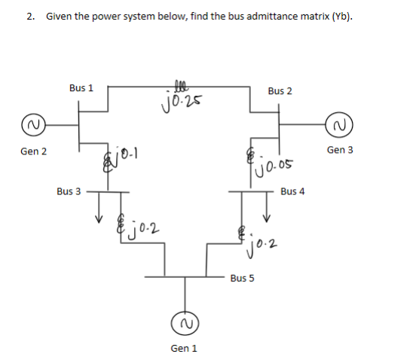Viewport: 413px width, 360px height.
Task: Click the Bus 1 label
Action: (81, 87)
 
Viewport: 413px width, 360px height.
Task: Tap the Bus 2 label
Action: (280, 90)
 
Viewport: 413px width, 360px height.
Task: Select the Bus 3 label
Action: (69, 191)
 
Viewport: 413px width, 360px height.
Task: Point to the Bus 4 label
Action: (292, 191)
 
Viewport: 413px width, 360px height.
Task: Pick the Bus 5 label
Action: (242, 278)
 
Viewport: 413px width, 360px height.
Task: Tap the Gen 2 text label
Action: (34, 151)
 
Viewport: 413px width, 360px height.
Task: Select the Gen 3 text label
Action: (341, 150)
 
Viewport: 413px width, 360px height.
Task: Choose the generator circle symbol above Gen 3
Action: (339, 123)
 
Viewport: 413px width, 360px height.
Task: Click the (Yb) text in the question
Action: (340, 16)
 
